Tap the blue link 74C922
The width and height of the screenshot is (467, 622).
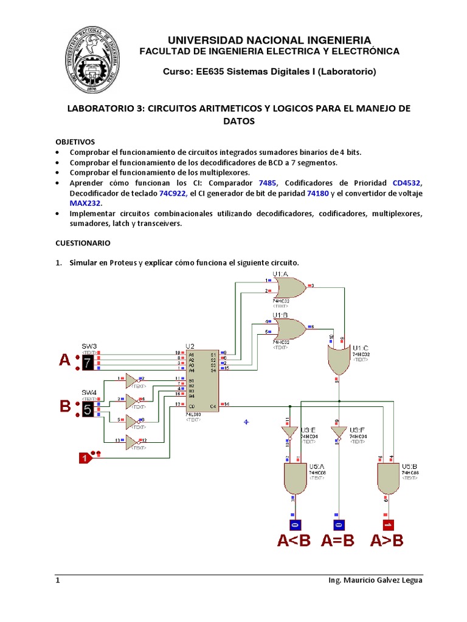click(171, 193)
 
